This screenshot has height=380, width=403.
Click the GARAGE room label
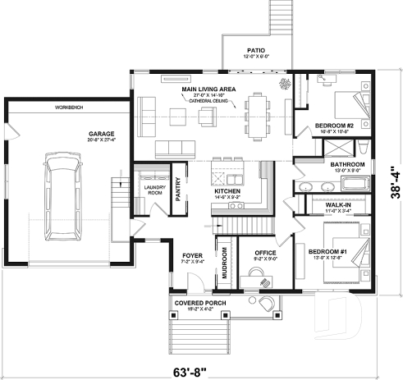(103, 133)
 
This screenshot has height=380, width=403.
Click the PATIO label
(254, 50)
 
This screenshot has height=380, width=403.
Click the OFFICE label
(264, 253)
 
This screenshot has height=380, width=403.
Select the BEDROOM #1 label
(327, 252)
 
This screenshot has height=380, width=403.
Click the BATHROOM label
(341, 164)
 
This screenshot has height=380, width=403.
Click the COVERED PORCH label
(201, 302)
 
